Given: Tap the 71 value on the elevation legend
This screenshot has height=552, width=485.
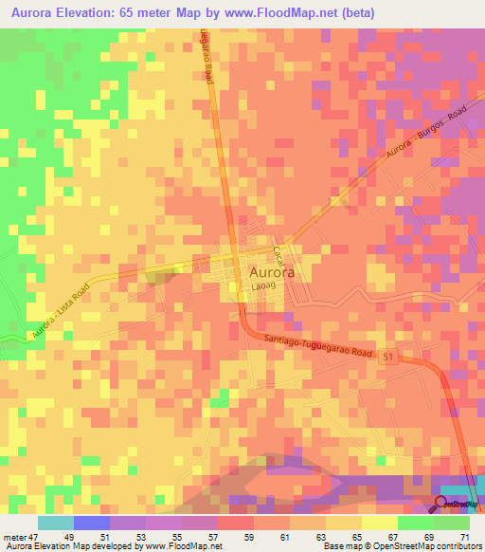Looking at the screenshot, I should [x=464, y=537].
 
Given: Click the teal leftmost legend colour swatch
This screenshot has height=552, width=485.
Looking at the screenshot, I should [x=56, y=523].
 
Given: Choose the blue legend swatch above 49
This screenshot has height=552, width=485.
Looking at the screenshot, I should [x=92, y=523].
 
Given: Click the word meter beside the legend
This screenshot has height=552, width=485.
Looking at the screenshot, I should [x=14, y=537].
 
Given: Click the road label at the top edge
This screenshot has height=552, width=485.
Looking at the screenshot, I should [x=206, y=57].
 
